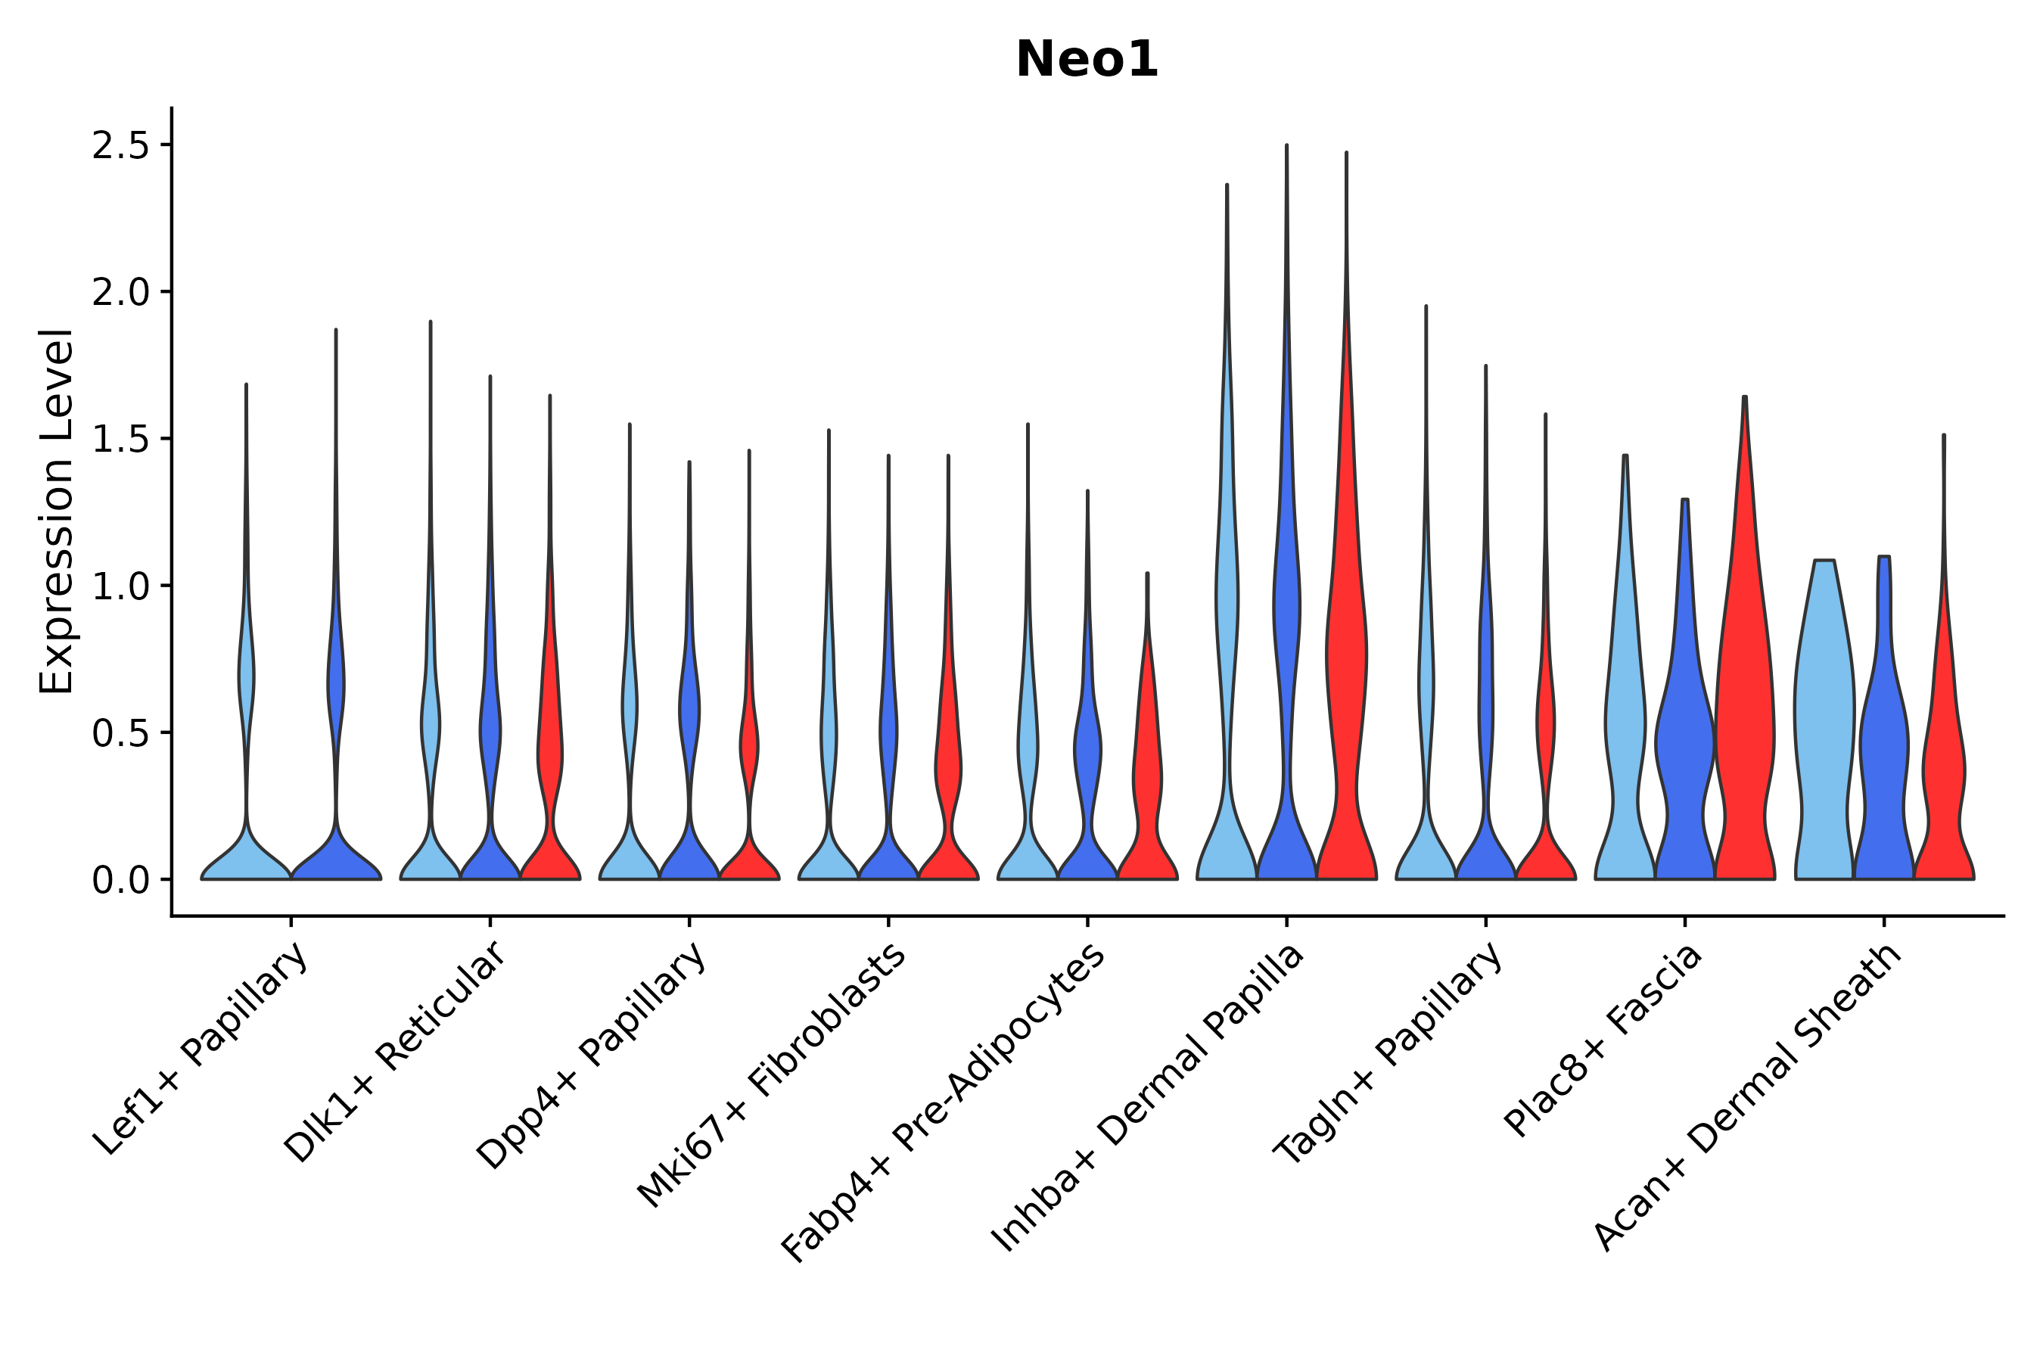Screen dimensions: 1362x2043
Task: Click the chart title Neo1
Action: click(1087, 60)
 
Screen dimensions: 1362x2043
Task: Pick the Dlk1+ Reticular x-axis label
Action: click(395, 1053)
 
